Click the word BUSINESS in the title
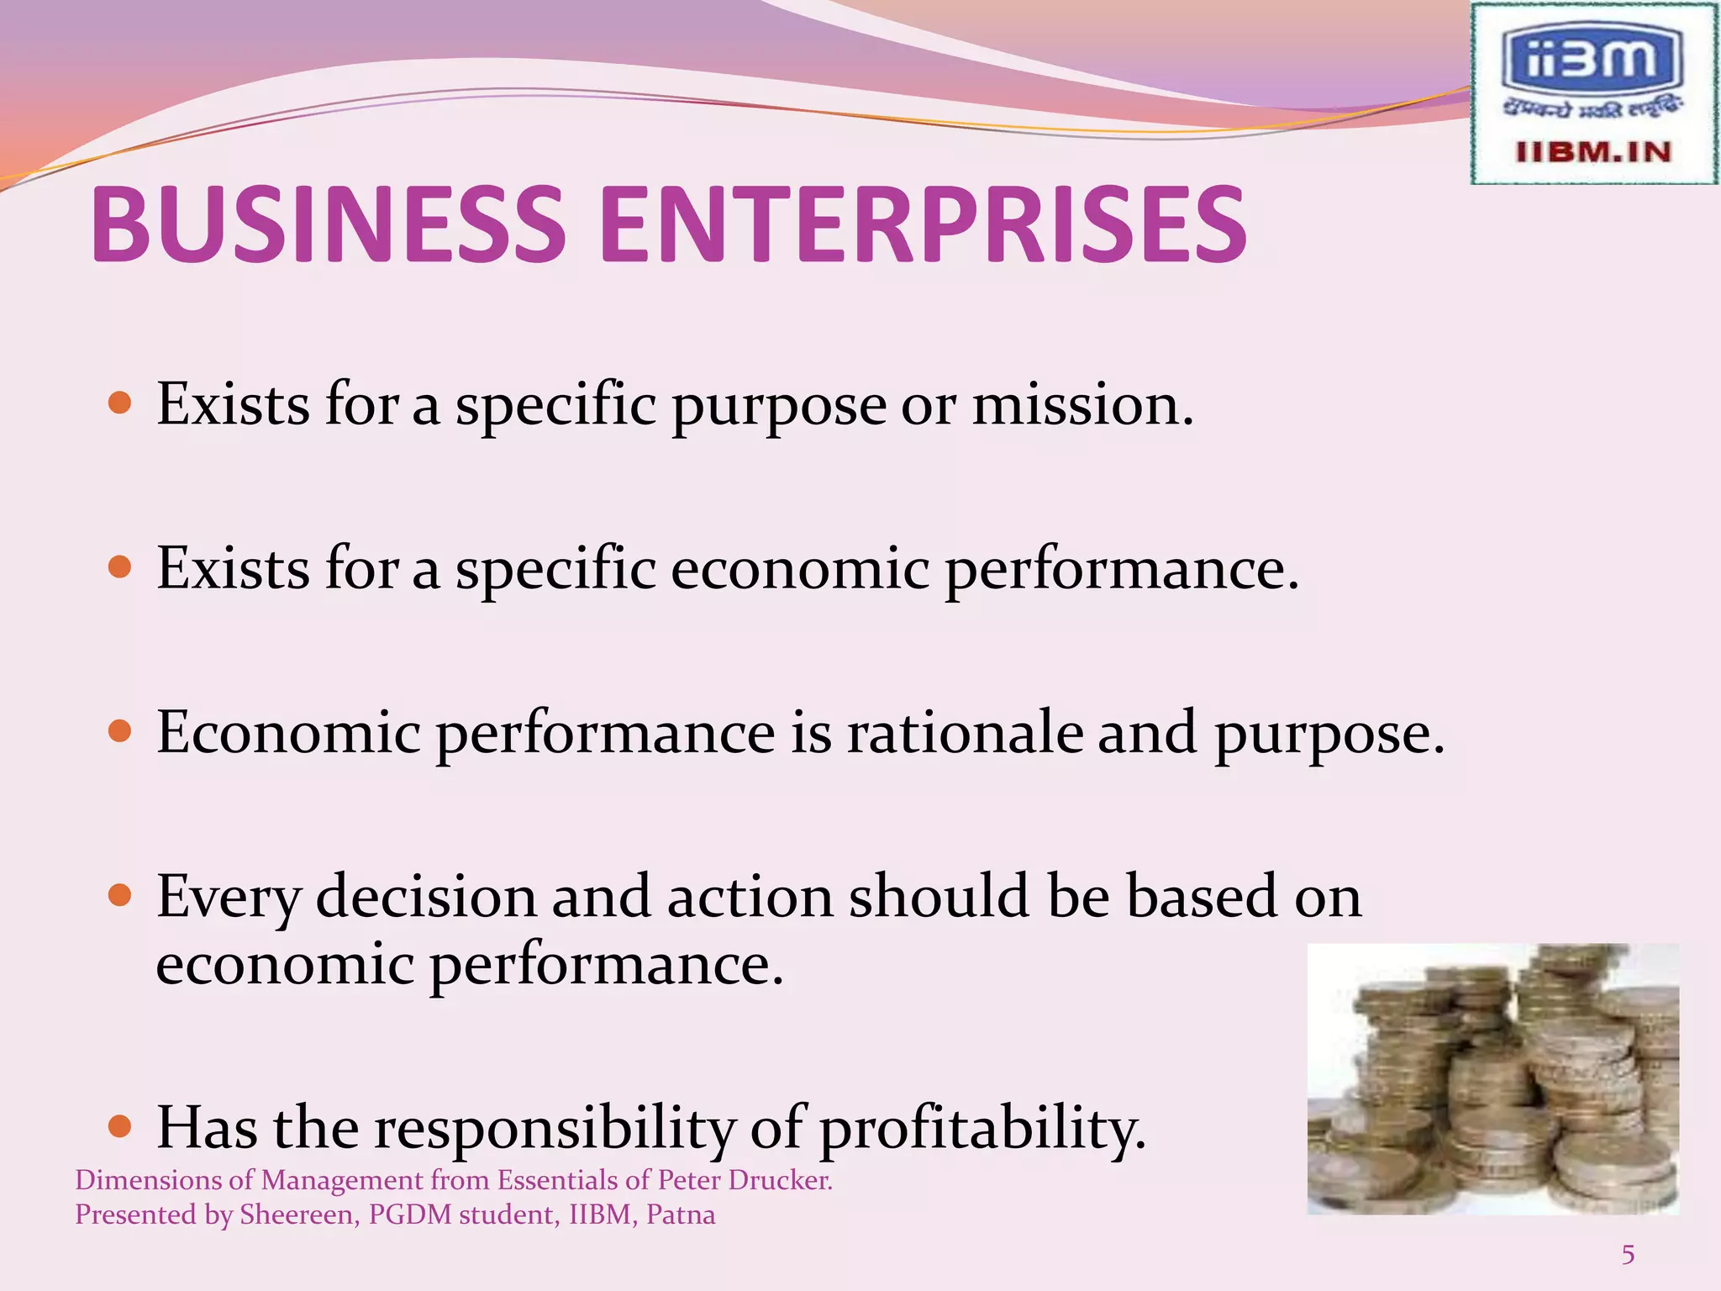pos(328,224)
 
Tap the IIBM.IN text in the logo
pos(1593,152)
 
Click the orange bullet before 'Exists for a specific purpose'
pos(121,403)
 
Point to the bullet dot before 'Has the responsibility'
pos(121,1125)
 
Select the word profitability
pos(982,1127)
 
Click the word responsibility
pos(555,1127)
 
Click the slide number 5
pos(1628,1255)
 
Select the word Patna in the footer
pos(681,1215)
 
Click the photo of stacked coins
pos(1492,1079)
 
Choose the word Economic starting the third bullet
pos(288,732)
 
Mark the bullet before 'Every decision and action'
pos(121,896)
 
